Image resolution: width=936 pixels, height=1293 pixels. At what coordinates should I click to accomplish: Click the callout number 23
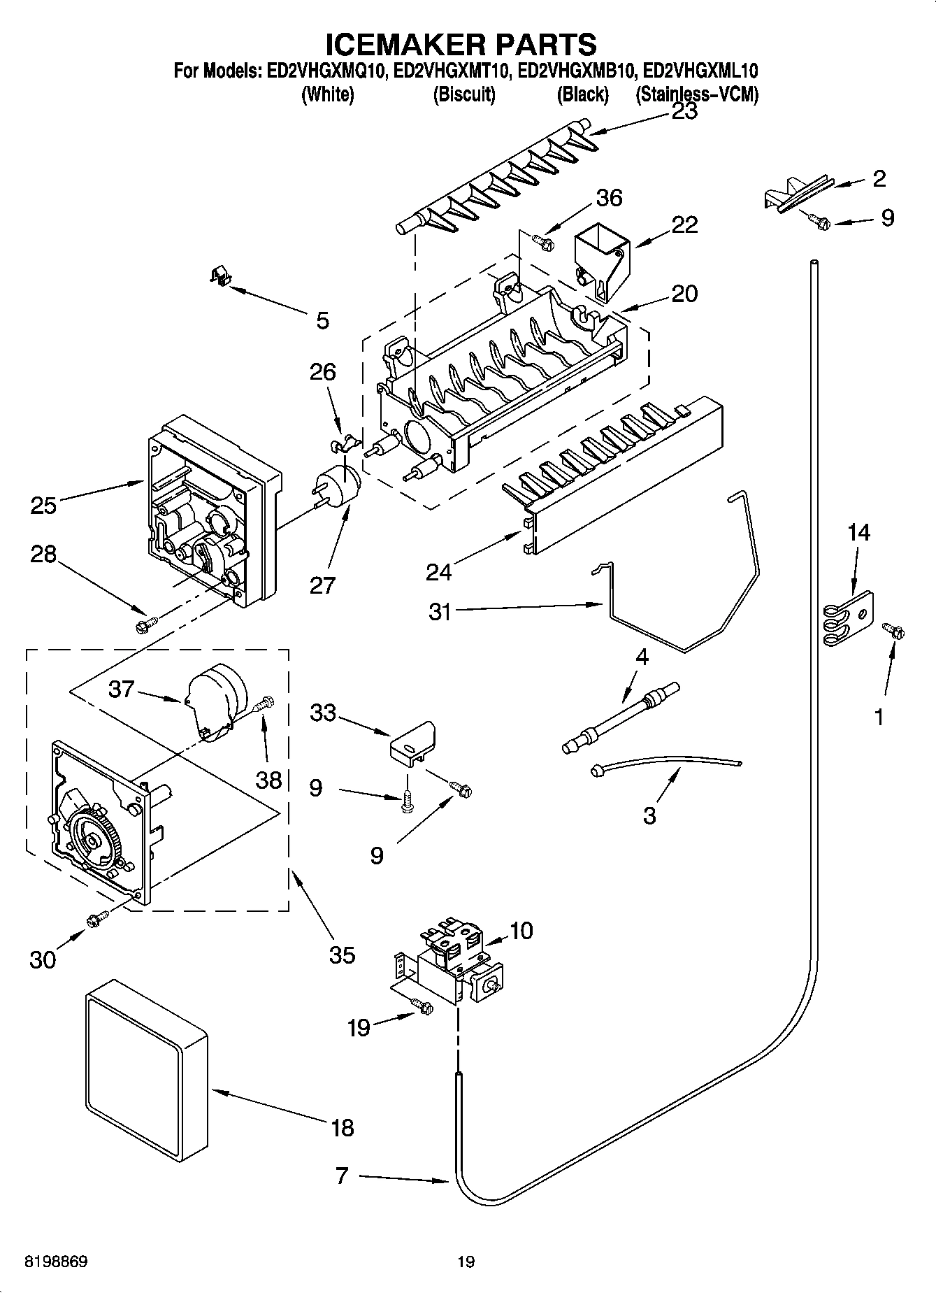point(684,112)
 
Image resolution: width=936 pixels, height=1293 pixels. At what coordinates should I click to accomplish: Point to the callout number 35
point(342,955)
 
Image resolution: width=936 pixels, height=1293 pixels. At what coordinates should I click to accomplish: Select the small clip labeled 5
point(222,276)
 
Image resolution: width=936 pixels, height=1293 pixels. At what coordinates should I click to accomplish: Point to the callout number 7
point(341,1176)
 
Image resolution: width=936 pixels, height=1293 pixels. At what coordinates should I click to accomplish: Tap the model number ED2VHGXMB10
point(577,72)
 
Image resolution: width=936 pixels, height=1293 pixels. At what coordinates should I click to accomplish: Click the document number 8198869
point(56,1262)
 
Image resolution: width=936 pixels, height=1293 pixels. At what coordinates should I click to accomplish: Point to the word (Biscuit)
point(464,94)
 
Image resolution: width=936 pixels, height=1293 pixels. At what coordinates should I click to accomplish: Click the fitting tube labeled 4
point(622,717)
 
